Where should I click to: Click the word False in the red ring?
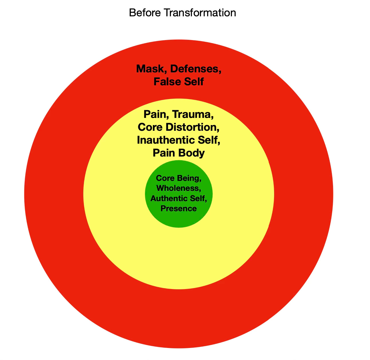(x=166, y=82)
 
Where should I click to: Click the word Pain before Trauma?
(x=156, y=114)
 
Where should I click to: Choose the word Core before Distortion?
(x=151, y=127)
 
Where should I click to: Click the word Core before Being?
(x=166, y=178)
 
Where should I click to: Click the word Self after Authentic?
(x=198, y=198)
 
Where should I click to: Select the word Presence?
(x=179, y=208)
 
